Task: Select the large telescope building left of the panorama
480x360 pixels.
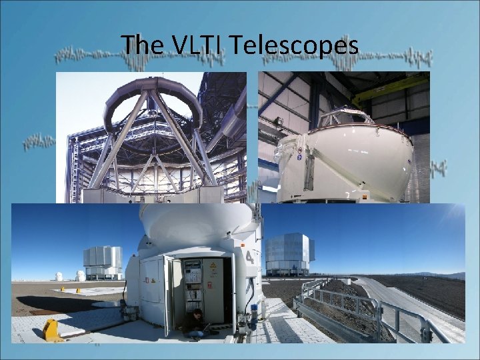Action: [103, 262]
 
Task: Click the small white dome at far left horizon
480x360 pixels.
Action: [59, 276]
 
